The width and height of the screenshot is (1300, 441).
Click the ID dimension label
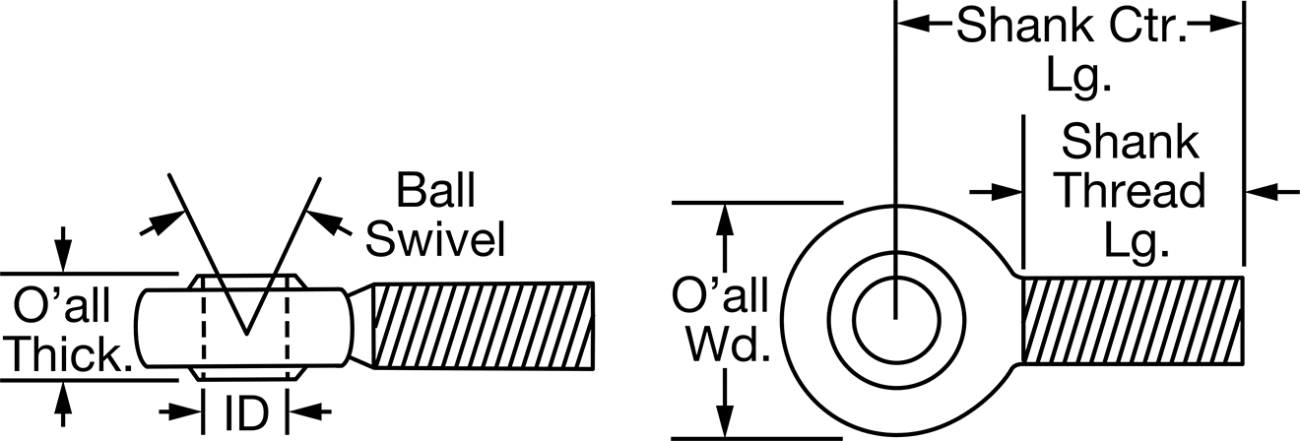pyautogui.click(x=246, y=413)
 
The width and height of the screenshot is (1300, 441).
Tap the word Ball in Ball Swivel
pyautogui.click(x=436, y=190)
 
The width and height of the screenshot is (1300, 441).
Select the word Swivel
pyautogui.click(x=435, y=238)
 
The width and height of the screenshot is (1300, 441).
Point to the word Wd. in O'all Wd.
pyautogui.click(x=729, y=346)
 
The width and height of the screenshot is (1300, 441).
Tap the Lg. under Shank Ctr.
pyautogui.click(x=1078, y=76)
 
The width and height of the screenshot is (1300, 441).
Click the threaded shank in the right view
pyautogui.click(x=1132, y=321)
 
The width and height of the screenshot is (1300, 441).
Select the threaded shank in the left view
pyautogui.click(x=483, y=325)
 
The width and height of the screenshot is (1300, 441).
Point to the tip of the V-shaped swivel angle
pyautogui.click(x=246, y=335)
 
